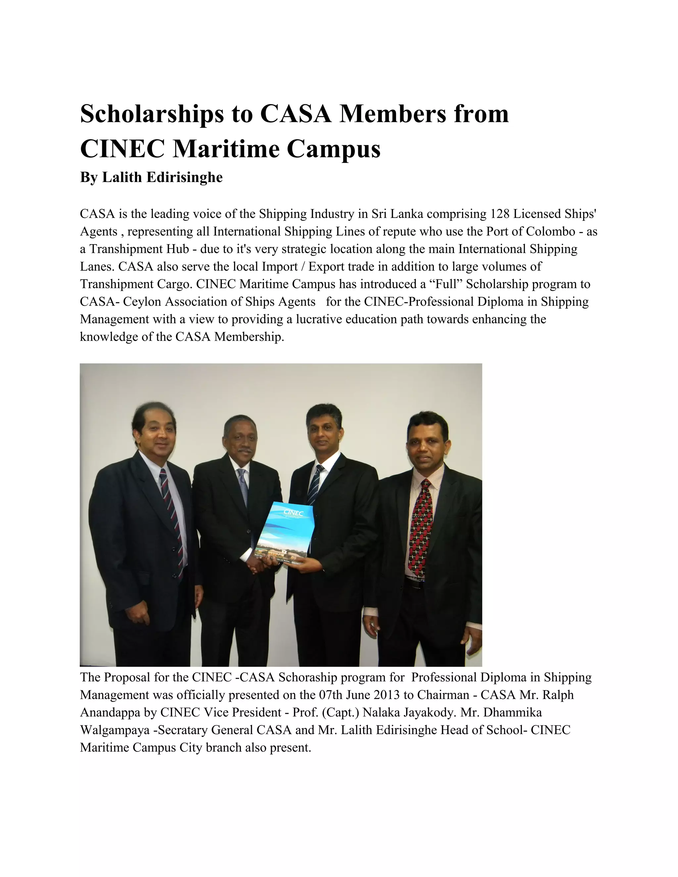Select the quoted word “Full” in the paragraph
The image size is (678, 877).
click(446, 284)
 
